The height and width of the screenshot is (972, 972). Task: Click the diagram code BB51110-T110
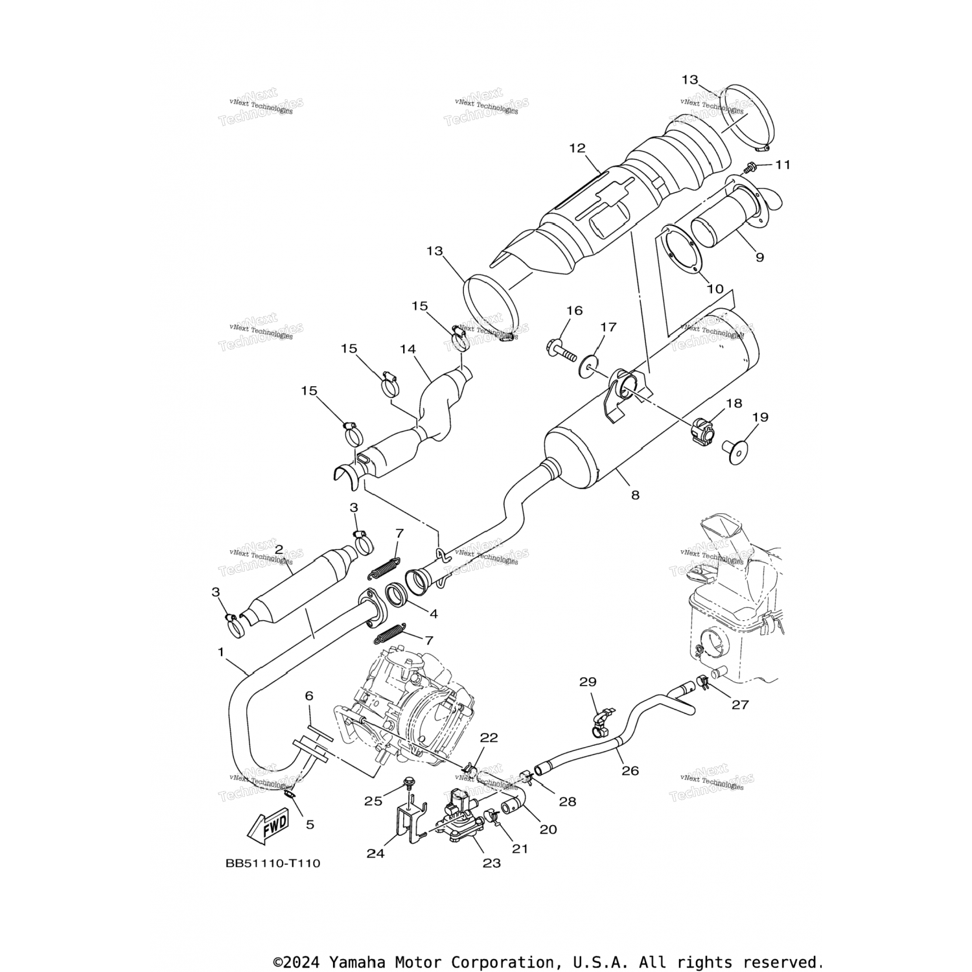tap(273, 863)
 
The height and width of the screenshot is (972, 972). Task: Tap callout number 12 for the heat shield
tap(577, 148)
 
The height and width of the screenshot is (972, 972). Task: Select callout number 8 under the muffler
tap(635, 495)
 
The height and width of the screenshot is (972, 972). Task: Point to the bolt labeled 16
tap(562, 351)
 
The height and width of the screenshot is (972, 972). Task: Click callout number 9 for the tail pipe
tap(759, 257)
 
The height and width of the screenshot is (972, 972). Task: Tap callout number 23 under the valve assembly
tap(492, 863)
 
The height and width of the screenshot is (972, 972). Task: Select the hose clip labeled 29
tap(598, 724)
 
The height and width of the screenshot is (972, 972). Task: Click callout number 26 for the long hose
tap(630, 770)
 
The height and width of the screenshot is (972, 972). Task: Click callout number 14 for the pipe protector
tap(408, 349)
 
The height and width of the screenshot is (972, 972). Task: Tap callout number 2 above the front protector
tap(279, 550)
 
